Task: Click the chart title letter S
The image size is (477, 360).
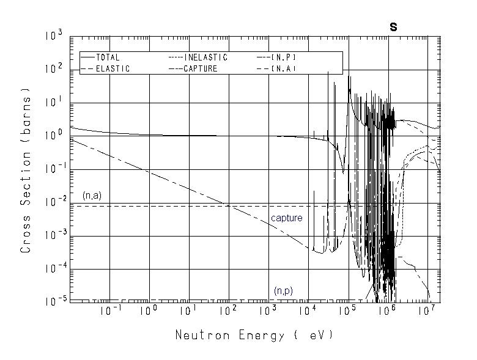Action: point(394,27)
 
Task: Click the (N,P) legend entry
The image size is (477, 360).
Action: point(283,57)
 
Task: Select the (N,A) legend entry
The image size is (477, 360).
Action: point(283,68)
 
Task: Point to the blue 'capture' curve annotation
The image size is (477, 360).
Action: point(287,218)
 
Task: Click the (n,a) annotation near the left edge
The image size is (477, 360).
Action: point(92,196)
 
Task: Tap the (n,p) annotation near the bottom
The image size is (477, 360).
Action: point(283,290)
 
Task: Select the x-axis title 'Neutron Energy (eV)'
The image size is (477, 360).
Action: point(254,336)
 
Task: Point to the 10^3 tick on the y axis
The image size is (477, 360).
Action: point(54,36)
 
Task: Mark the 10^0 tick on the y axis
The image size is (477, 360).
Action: point(54,136)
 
